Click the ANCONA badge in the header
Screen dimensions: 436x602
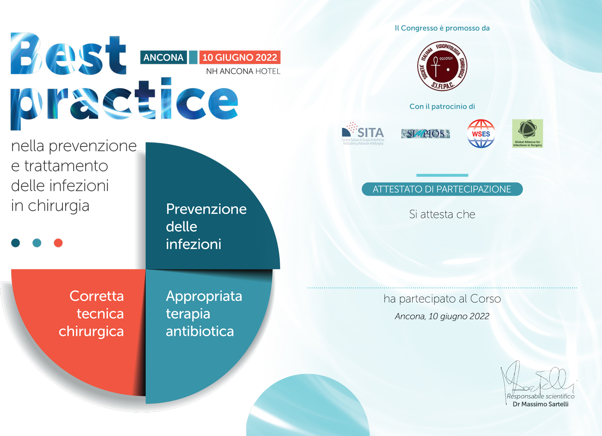click(163, 57)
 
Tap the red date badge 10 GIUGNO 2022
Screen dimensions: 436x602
click(240, 57)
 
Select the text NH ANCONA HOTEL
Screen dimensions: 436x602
click(243, 71)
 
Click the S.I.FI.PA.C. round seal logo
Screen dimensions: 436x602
click(442, 67)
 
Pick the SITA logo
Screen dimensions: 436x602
click(364, 133)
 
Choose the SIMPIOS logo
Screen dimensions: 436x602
click(426, 133)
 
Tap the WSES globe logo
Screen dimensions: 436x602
click(481, 133)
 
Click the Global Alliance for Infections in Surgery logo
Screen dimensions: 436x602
click(527, 133)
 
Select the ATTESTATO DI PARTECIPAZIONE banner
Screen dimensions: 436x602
click(442, 189)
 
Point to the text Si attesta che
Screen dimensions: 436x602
click(442, 214)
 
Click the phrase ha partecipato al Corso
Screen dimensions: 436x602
click(442, 299)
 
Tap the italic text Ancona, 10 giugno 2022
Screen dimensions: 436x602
click(442, 316)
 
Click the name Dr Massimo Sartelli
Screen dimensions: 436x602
click(540, 404)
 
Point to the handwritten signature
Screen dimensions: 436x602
click(537, 381)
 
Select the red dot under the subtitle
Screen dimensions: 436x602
click(58, 243)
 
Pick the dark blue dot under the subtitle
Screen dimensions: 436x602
click(16, 243)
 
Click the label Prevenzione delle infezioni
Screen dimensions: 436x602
click(206, 227)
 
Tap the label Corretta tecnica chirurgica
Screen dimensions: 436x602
click(91, 314)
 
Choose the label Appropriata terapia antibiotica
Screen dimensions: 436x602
click(204, 314)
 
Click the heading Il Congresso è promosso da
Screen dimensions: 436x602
click(442, 28)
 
